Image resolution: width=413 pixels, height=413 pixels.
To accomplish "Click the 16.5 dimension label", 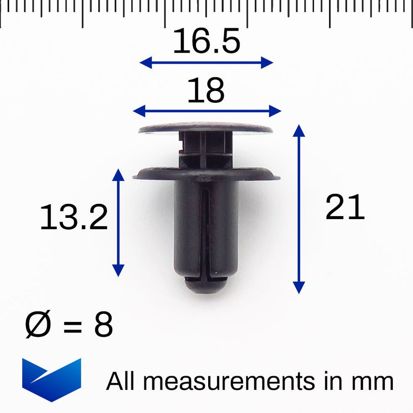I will click(x=206, y=42).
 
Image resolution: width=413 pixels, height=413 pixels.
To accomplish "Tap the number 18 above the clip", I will click(x=206, y=91).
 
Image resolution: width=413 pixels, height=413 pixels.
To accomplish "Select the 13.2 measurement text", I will click(x=74, y=217).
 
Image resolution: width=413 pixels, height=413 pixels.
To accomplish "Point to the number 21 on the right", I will click(x=345, y=208).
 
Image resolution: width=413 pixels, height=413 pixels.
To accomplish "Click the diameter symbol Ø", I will click(x=37, y=325).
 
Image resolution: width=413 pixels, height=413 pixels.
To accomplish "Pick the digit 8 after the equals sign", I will click(x=103, y=325).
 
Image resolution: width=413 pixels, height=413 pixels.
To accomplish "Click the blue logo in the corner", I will click(x=51, y=379).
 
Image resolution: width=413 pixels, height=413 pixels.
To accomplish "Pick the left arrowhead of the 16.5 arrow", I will click(x=145, y=63).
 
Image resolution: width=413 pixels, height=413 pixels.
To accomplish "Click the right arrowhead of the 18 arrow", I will click(x=275, y=111).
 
